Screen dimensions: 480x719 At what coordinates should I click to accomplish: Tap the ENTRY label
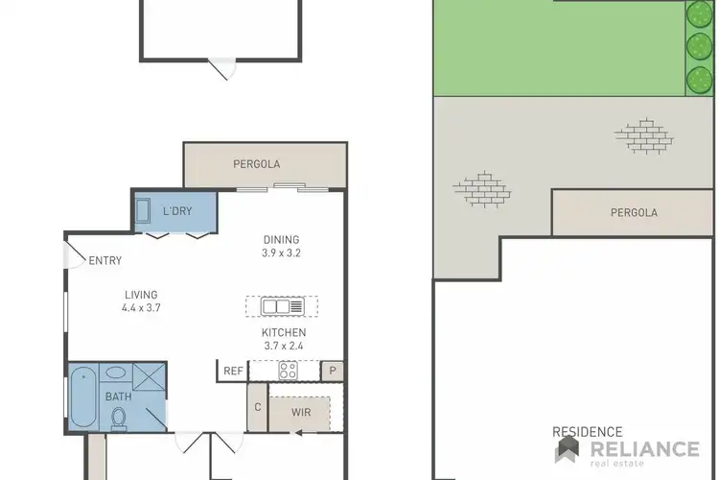[x=104, y=260]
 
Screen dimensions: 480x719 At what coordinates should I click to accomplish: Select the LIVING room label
[x=140, y=295]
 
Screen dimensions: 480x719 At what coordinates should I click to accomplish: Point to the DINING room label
[x=281, y=240]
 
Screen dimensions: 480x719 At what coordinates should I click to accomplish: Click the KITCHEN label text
[x=285, y=332]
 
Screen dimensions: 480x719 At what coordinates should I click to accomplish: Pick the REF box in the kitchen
[x=233, y=371]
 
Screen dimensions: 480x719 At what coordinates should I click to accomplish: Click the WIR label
[x=300, y=412]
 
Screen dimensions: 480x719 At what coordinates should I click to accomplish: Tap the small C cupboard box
[x=257, y=407]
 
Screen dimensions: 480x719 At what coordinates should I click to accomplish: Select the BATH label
[x=118, y=396]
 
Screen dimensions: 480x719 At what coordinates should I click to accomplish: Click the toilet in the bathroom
[x=120, y=418]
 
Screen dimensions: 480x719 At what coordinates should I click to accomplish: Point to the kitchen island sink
[x=275, y=307]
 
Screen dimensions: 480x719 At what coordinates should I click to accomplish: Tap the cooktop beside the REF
[x=286, y=371]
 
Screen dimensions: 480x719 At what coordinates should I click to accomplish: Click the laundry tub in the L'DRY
[x=143, y=211]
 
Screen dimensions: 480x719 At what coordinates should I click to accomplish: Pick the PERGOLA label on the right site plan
[x=634, y=212]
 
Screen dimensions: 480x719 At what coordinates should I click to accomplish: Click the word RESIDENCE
[x=588, y=433]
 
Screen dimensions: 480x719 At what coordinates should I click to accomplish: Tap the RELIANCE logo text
[x=644, y=449]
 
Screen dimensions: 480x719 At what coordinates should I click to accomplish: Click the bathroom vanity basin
[x=115, y=372]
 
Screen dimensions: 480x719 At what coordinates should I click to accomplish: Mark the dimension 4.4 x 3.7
[x=140, y=309]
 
